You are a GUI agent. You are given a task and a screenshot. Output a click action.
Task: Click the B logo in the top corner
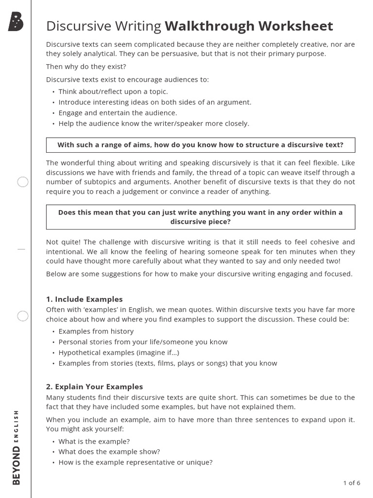pos(16,21)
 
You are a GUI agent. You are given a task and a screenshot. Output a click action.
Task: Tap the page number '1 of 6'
pos(352,483)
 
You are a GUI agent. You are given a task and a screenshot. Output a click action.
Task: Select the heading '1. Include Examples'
pos(85,299)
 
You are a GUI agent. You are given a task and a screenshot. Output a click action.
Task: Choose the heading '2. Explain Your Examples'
pos(95,387)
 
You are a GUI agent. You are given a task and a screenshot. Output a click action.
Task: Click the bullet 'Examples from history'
pos(96,331)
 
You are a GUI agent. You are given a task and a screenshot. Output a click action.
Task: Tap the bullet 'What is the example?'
pos(94,441)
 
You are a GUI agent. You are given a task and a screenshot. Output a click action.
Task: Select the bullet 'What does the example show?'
pos(109,452)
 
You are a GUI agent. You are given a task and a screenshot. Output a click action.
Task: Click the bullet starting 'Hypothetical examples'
pos(112,353)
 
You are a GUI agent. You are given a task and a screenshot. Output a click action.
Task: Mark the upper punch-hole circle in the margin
pos(23,182)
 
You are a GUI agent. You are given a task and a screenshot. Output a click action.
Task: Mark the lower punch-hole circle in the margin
pos(23,317)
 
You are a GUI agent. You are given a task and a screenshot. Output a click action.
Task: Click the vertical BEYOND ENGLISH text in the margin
pos(17,447)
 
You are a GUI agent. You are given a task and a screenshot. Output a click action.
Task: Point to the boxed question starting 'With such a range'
pos(201,145)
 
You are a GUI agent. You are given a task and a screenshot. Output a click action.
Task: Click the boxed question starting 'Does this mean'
pos(201,217)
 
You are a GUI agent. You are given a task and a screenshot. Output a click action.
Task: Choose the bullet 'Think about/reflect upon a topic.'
pos(113,91)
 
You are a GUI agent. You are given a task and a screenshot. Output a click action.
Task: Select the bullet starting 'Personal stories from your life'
pos(143,342)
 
